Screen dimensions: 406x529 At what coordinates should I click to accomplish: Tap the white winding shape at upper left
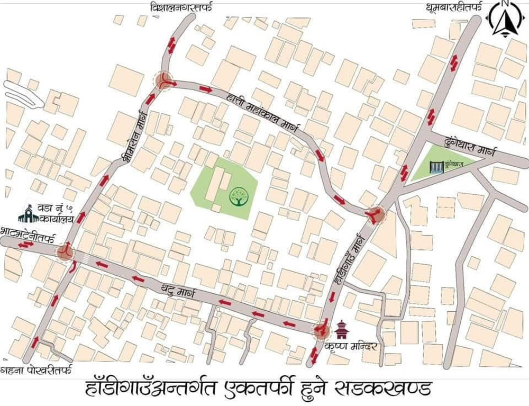[24, 95]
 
